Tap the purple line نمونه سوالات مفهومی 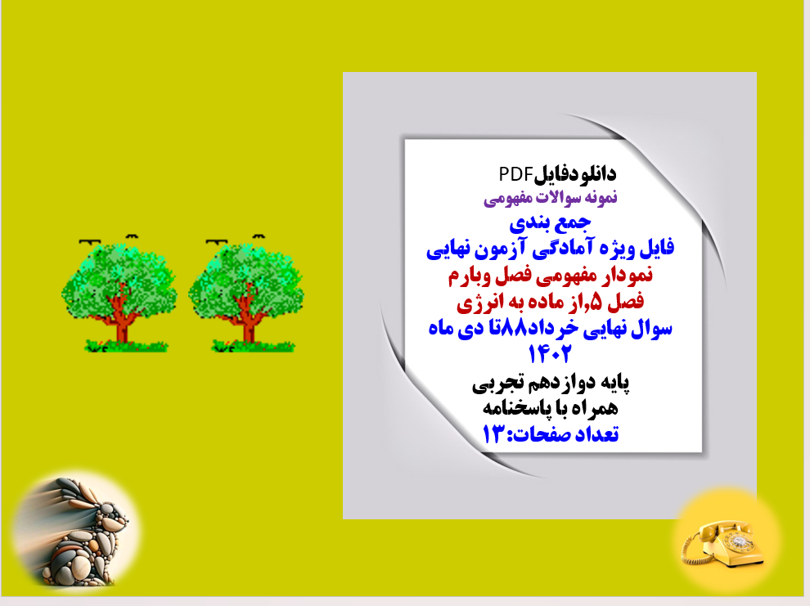click(x=553, y=197)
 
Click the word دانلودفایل click(x=574, y=174)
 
